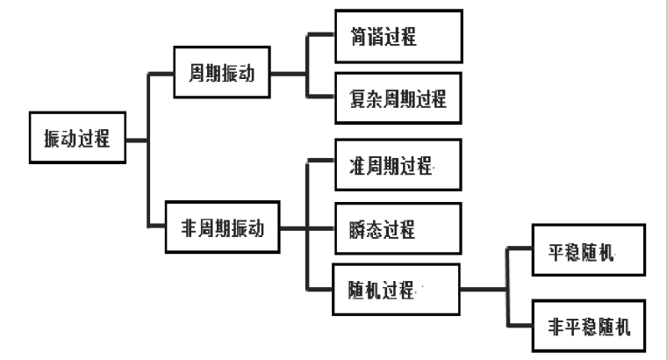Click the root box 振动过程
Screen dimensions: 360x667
coord(77,138)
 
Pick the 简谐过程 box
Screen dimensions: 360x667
coord(397,37)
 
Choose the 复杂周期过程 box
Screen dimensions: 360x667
coord(397,99)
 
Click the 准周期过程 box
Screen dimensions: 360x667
coord(397,165)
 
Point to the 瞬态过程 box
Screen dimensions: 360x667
coord(397,230)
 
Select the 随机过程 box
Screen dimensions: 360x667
coord(397,289)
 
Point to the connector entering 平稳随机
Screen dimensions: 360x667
coord(520,251)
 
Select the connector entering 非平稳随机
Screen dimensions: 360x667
coord(520,326)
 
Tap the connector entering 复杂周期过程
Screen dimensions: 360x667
coord(320,98)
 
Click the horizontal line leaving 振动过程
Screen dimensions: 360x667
coord(137,138)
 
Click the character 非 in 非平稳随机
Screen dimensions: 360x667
coord(546,326)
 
